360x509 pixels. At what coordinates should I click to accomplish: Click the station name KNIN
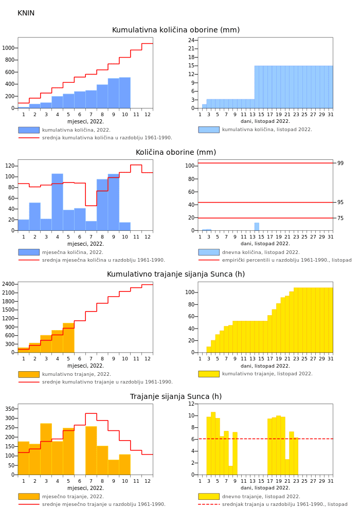pos(26,13)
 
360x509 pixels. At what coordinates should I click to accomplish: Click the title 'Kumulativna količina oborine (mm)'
pos(176,30)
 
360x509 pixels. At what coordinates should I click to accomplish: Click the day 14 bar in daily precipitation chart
pos(257,227)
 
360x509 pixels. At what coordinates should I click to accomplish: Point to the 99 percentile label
pos(340,163)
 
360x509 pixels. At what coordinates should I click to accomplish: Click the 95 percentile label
pos(340,203)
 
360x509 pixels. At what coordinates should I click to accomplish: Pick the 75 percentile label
pos(340,219)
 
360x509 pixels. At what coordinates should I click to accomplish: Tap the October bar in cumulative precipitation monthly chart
pos(124,93)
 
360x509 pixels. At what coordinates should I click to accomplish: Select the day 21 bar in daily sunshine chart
pos(287,467)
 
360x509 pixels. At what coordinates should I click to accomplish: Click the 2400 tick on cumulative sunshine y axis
pos(9,284)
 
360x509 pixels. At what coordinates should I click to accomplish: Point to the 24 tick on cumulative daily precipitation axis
pos(191,40)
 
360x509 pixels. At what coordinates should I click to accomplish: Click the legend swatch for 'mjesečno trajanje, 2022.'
pos(29,497)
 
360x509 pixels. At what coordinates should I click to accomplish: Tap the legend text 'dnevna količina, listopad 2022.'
pos(261,252)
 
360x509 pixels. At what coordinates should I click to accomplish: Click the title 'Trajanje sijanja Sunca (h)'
pos(176,397)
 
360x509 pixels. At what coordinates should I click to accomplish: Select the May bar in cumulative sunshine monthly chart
pos(68,338)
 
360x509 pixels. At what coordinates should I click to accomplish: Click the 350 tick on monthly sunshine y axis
pos(9,409)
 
